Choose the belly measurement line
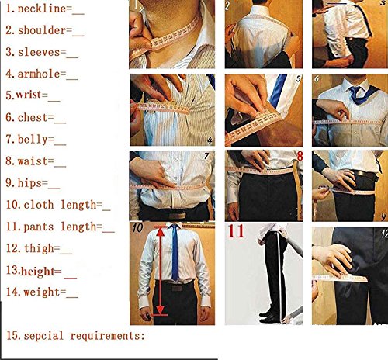(39, 141)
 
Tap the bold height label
(43, 271)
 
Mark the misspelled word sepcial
(47, 336)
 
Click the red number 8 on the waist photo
(299, 156)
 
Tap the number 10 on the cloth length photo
(137, 228)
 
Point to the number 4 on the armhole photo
(210, 140)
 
